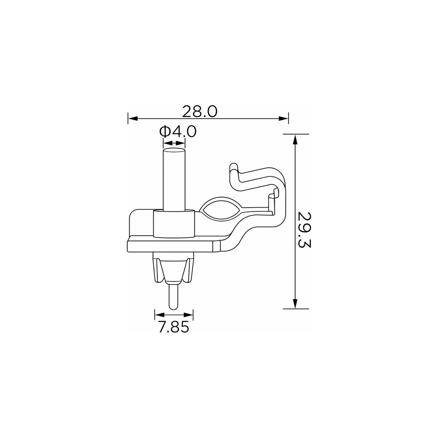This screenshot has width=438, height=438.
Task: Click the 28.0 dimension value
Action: point(200,111)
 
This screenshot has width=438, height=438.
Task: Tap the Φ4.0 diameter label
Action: point(178,131)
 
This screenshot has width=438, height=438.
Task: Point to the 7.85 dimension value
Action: point(174,327)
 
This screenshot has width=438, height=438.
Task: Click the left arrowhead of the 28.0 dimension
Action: point(133,118)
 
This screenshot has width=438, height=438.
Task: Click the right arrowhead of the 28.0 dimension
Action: point(283,118)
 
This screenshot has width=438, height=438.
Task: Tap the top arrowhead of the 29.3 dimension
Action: point(295,139)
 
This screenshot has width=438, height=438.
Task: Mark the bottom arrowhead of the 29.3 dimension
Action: point(295,304)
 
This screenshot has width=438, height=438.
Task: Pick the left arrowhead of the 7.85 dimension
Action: point(159,315)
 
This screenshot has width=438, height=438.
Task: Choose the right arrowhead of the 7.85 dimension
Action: point(188,315)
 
